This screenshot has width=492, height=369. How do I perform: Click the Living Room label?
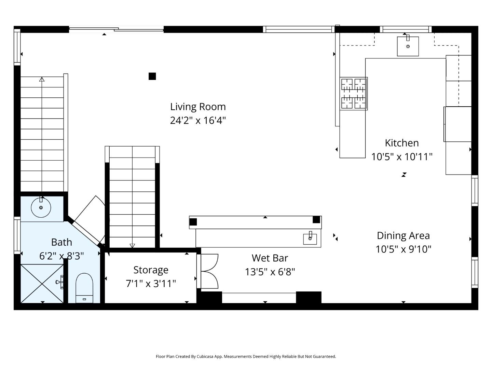pyautogui.click(x=198, y=107)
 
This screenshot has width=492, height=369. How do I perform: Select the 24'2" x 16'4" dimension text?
pyautogui.click(x=198, y=121)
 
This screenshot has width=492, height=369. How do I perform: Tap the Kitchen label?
pyautogui.click(x=401, y=143)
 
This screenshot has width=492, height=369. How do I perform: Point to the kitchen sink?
pyautogui.click(x=408, y=46)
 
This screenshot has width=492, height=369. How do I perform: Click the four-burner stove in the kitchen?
pyautogui.click(x=353, y=93)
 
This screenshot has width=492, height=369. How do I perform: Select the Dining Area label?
pyautogui.click(x=403, y=235)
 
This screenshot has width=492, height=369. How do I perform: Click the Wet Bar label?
pyautogui.click(x=270, y=258)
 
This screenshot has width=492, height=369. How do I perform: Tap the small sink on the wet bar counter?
pyautogui.click(x=310, y=238)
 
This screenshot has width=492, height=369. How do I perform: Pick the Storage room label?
pyautogui.click(x=151, y=270)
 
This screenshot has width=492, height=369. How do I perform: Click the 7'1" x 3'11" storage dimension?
pyautogui.click(x=151, y=284)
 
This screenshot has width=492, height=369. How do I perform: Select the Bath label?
pyautogui.click(x=61, y=242)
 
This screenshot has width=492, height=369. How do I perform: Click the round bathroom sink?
pyautogui.click(x=41, y=207)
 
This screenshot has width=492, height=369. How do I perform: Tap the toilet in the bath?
pyautogui.click(x=84, y=288)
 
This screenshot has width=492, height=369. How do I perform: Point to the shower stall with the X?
pyautogui.click(x=42, y=284)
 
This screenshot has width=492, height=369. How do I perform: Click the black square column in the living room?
pyautogui.click(x=152, y=76)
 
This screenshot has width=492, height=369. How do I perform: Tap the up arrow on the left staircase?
pyautogui.click(x=42, y=80)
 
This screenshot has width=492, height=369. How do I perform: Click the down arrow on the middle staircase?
pyautogui.click(x=132, y=245)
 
